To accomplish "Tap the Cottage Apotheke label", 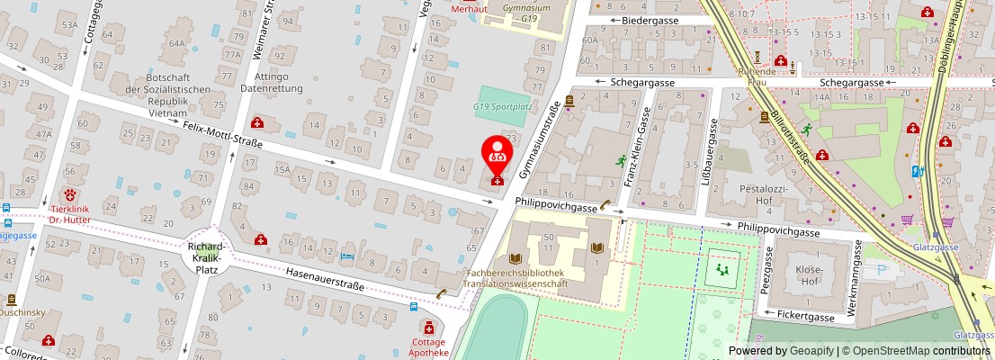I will click(x=429, y=347).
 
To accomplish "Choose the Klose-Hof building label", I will click(x=809, y=275).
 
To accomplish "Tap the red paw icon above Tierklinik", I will click(x=69, y=194).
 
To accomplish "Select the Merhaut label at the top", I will click(x=468, y=9).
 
